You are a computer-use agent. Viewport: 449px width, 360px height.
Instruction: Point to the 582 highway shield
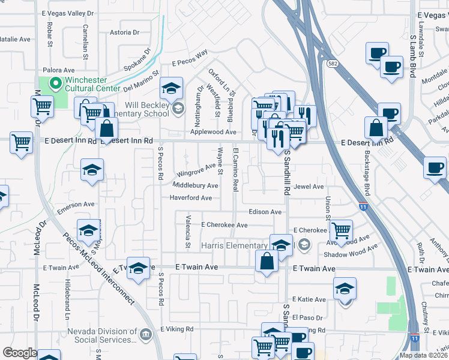332,63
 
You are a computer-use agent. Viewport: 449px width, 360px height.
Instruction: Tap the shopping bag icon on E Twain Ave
267,262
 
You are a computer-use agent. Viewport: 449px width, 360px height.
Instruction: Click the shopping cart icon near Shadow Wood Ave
341,230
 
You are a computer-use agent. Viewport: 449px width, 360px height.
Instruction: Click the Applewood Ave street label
213,131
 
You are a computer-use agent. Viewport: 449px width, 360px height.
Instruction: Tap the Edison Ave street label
265,212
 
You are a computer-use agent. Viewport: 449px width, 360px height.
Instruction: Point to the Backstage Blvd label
366,171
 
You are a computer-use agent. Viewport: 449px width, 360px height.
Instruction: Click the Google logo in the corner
20,353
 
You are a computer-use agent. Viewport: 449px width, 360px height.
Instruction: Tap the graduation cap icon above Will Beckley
171,89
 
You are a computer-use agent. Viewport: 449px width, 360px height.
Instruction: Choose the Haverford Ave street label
190,197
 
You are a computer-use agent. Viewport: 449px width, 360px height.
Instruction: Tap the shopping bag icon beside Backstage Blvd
377,127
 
